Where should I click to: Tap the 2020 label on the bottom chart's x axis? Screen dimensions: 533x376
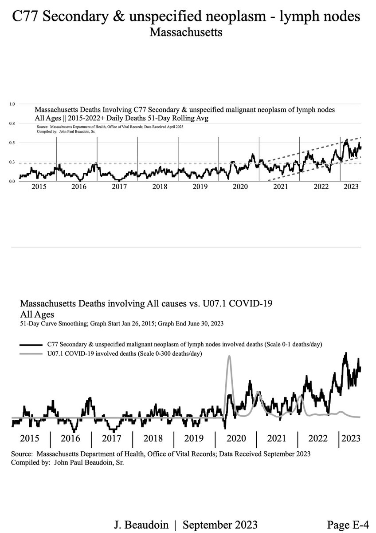tap(236, 439)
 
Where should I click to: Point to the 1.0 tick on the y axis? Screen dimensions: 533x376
tap(12, 104)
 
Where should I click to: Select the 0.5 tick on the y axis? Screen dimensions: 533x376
tap(12, 143)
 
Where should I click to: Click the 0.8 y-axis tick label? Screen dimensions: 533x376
tap(12, 123)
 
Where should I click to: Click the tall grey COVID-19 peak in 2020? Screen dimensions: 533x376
tap(229, 357)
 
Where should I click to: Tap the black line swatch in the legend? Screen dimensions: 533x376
tap(31, 344)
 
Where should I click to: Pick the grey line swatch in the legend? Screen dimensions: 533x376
tap(31, 353)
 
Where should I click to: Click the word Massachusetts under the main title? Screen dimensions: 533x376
tap(186, 32)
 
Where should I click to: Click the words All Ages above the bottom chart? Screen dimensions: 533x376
tap(37, 314)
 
